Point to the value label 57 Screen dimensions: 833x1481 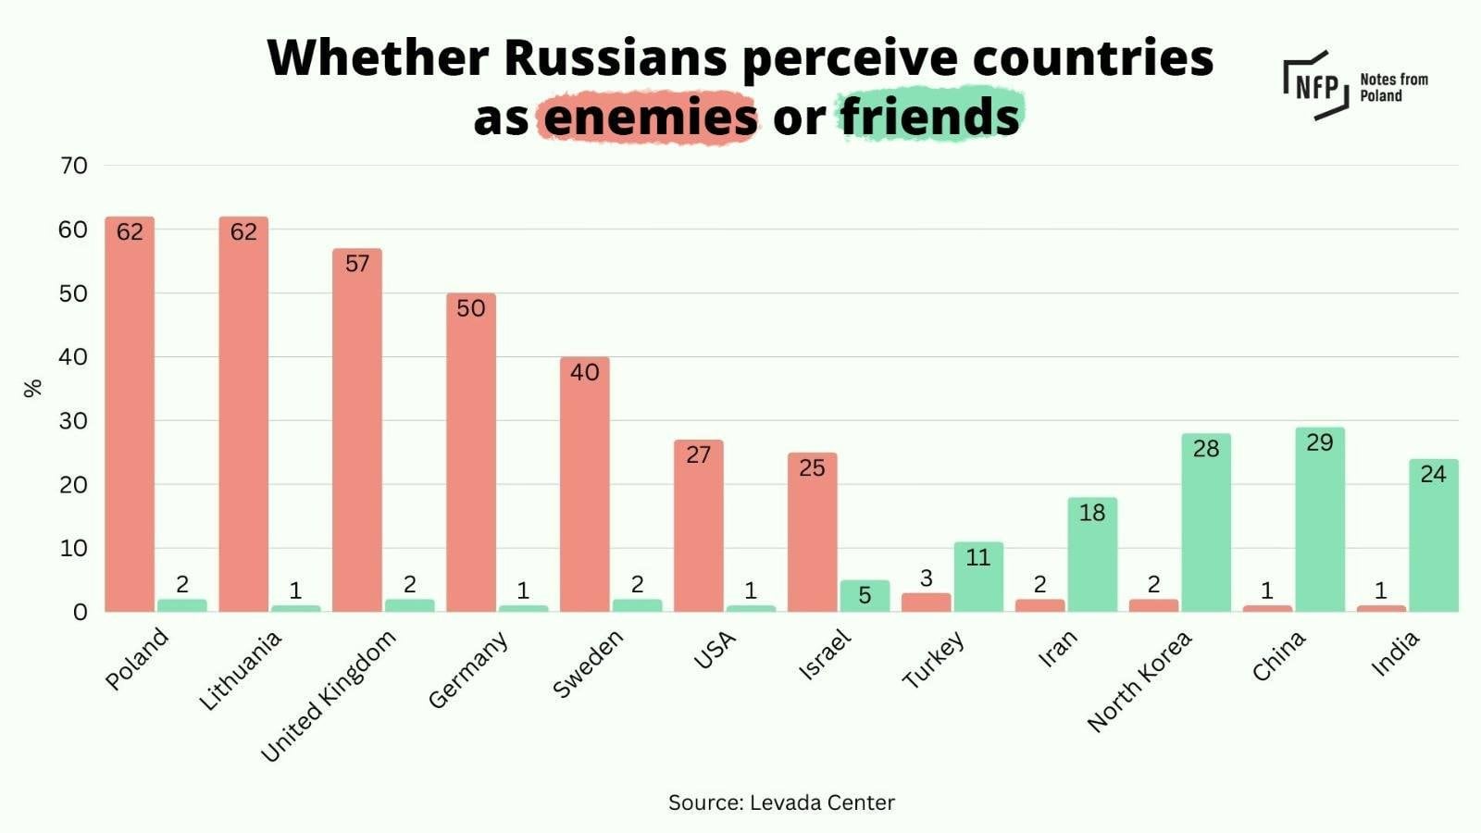[x=357, y=264]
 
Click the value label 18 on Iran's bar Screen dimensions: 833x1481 [x=1092, y=512]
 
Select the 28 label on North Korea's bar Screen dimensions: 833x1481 [x=1205, y=449]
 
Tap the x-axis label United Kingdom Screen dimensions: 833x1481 [x=329, y=695]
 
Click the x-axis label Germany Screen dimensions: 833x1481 [x=468, y=669]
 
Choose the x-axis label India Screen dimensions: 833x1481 [x=1395, y=653]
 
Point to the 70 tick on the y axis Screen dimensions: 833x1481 [x=73, y=166]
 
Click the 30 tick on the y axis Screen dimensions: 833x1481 [x=73, y=421]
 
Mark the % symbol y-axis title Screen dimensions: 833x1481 [x=33, y=388]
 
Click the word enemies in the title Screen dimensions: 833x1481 [x=650, y=118]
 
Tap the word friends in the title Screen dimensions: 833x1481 [x=929, y=118]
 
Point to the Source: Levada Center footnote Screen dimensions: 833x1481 [x=781, y=802]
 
